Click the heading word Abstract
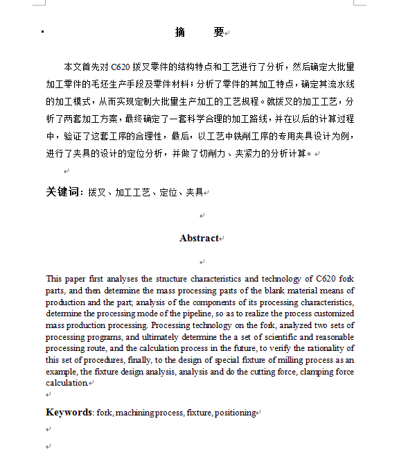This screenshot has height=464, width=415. [x=199, y=238]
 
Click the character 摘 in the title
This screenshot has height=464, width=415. [x=180, y=32]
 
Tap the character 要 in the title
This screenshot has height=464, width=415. [x=219, y=32]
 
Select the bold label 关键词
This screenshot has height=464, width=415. [x=64, y=191]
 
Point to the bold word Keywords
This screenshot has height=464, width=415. [x=69, y=412]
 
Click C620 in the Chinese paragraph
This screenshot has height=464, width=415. [x=121, y=67]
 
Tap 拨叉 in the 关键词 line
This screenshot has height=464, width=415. [x=96, y=192]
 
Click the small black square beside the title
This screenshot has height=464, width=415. [x=43, y=32]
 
